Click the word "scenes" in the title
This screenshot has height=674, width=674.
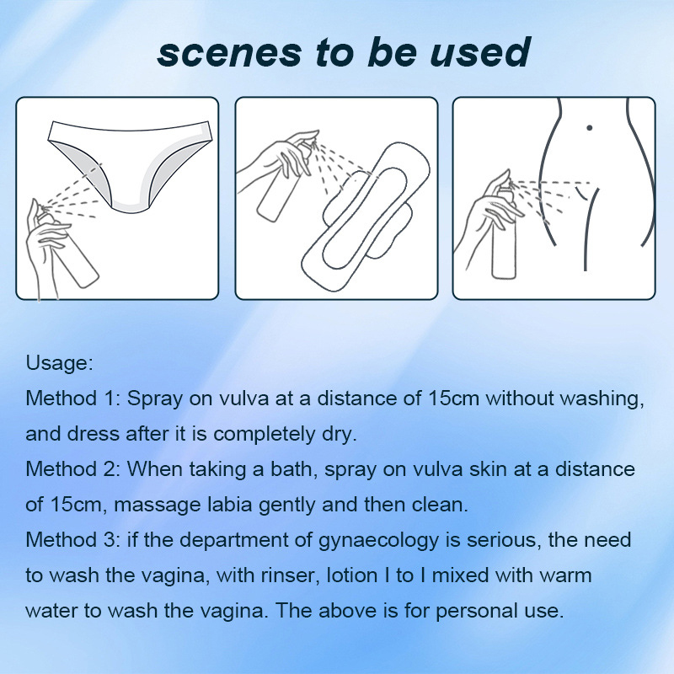pos(229,53)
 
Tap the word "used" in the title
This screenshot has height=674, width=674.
pos(480,52)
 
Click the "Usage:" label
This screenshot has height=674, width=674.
pos(59,363)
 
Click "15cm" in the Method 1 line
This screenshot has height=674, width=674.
pos(453,399)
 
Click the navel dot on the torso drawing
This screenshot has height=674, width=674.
pos(589,128)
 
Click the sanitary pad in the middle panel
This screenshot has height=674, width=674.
pos(366,215)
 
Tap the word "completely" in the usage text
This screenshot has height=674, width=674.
pos(264,435)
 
